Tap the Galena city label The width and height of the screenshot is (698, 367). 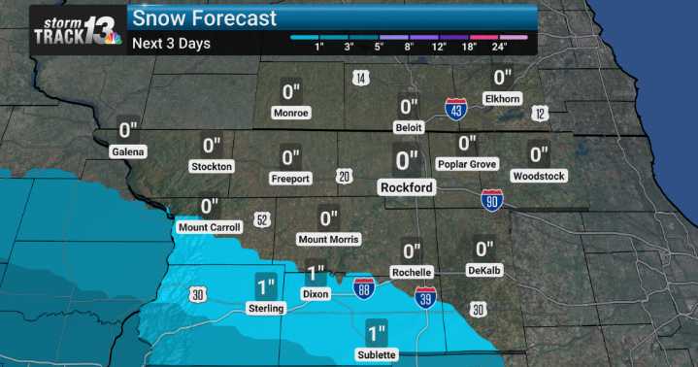(127, 151)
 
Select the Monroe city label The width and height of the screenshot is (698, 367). (291, 113)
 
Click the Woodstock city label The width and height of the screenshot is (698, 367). (539, 176)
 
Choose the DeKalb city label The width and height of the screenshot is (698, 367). (483, 271)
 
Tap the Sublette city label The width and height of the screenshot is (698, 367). (377, 354)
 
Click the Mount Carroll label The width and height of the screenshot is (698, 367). (209, 227)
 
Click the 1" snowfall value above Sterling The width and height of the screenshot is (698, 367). (266, 286)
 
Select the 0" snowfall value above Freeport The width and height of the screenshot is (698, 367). (290, 157)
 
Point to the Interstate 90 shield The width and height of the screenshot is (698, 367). (492, 201)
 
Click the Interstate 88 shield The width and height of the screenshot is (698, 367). (364, 288)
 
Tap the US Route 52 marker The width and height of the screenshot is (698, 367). (261, 220)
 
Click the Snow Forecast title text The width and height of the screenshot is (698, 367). (204, 17)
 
